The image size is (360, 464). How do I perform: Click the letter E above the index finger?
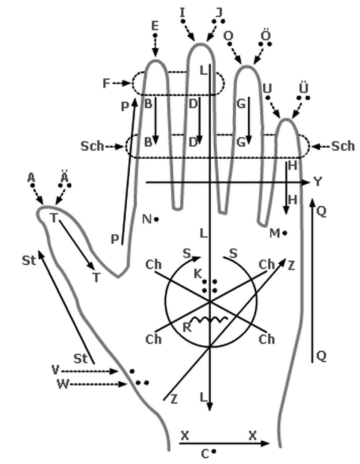click(x=155, y=26)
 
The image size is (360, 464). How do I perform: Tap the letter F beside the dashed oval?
click(x=106, y=83)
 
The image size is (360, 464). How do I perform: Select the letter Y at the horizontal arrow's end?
click(x=318, y=182)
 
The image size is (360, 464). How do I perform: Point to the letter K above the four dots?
click(x=198, y=274)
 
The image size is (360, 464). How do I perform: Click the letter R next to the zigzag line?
click(x=187, y=328)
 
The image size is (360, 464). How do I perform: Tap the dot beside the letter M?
click(x=284, y=234)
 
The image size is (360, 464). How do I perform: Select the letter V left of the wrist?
click(x=55, y=370)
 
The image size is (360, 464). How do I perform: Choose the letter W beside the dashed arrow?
click(x=63, y=384)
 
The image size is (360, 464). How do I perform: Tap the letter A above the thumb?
click(x=31, y=177)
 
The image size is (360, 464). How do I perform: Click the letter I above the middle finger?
click(x=182, y=13)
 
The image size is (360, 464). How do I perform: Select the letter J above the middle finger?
click(x=219, y=13)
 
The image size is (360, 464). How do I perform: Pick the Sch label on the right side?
click(x=343, y=146)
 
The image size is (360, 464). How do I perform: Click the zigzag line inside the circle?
click(x=210, y=320)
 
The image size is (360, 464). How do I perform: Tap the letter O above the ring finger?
click(x=228, y=36)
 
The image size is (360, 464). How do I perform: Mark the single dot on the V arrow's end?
click(x=132, y=371)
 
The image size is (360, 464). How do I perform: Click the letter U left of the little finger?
click(x=267, y=89)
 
